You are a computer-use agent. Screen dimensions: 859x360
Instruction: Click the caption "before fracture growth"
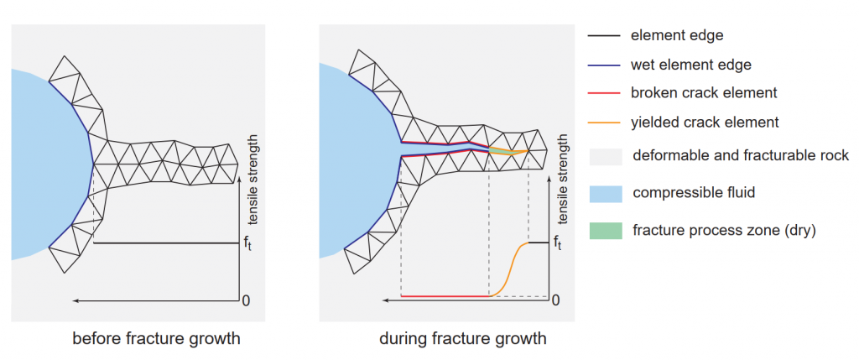(x=156, y=338)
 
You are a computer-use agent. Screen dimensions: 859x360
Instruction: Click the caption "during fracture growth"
(x=463, y=338)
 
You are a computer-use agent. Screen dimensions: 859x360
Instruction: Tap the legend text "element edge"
(x=677, y=35)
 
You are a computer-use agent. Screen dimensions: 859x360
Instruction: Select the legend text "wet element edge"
(x=691, y=65)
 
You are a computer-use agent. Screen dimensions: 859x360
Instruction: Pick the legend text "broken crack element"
(x=704, y=92)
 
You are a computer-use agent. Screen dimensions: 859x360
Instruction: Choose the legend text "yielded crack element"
(x=705, y=122)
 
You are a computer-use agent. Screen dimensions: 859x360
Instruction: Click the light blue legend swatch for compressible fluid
(x=606, y=194)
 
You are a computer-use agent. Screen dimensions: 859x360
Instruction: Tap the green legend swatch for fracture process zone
(x=606, y=231)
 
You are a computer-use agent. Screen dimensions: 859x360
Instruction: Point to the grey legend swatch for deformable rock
(x=606, y=157)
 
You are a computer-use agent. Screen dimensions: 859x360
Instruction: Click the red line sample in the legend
(x=604, y=93)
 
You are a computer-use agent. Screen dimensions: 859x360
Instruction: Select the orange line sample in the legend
(x=604, y=122)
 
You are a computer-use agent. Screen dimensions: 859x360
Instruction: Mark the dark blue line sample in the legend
(x=604, y=65)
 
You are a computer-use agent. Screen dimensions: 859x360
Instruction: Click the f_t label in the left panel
(x=247, y=242)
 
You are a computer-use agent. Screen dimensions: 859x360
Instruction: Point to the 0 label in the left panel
(x=247, y=300)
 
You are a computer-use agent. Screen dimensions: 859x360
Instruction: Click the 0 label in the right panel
(x=556, y=300)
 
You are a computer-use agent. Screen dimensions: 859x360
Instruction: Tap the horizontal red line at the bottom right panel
(x=445, y=296)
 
